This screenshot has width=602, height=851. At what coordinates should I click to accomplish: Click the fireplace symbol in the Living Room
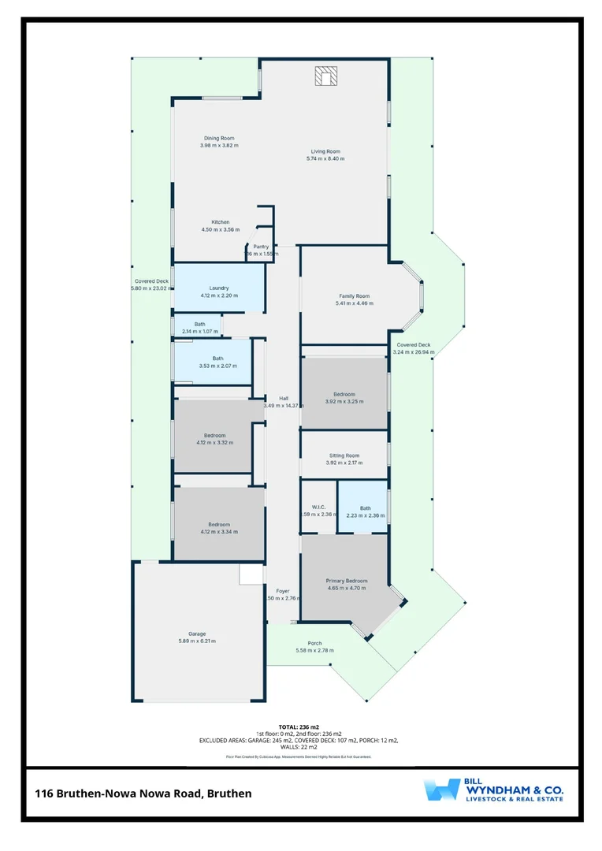click(326, 76)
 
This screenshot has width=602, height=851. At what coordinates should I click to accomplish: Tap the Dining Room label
click(218, 139)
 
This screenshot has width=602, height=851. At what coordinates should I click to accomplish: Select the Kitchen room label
click(220, 222)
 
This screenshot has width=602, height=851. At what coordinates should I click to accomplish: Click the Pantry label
click(261, 247)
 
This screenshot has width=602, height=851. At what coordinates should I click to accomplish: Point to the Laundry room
click(218, 288)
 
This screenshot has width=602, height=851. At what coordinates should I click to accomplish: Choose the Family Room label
click(354, 297)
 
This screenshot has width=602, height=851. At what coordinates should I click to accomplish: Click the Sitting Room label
click(344, 455)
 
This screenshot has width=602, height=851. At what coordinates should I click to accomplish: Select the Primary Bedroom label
click(347, 582)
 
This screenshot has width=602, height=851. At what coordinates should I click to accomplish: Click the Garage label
click(196, 634)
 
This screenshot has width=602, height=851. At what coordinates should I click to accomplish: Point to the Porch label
click(314, 643)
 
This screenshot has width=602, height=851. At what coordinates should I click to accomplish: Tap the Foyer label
click(282, 591)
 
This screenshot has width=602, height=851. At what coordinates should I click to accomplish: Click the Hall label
click(283, 398)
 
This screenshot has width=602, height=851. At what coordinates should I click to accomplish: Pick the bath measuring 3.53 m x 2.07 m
click(217, 359)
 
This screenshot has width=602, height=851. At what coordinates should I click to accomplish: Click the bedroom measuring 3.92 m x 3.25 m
click(344, 395)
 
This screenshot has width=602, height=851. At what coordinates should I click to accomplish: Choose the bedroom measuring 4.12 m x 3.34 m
click(218, 525)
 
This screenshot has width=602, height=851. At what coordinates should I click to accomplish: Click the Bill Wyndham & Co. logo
click(492, 790)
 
